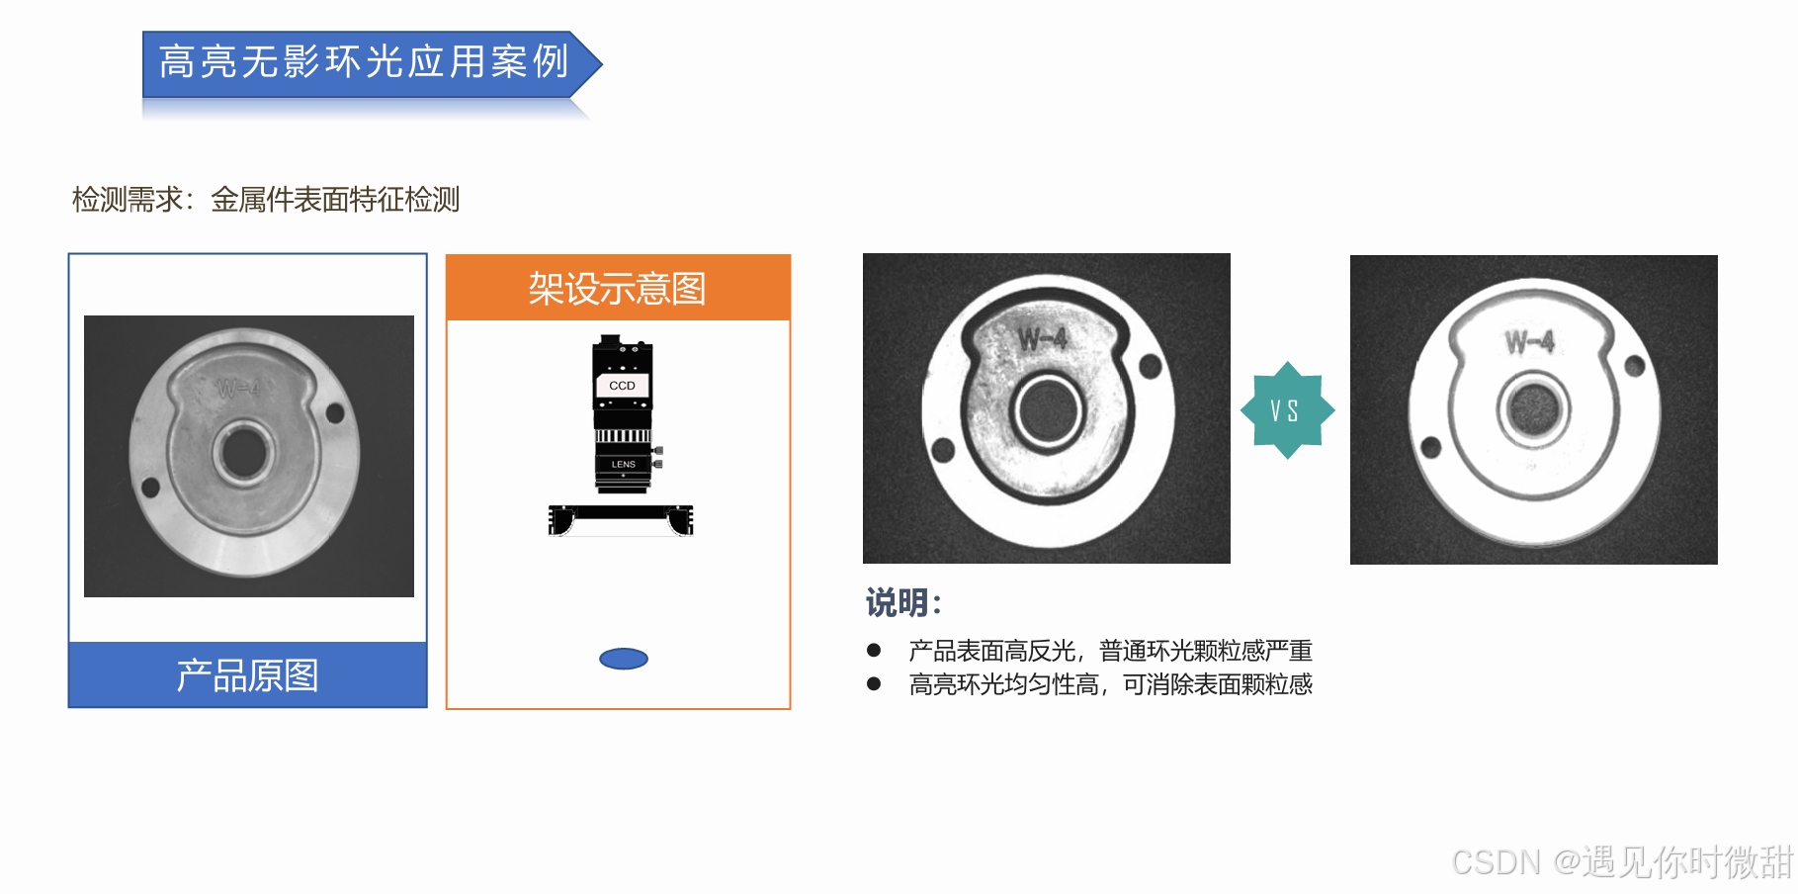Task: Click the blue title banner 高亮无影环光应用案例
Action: (371, 63)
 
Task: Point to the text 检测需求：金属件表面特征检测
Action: (266, 200)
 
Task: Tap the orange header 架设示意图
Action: (618, 288)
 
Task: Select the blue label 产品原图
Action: (247, 675)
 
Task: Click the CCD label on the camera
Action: (622, 386)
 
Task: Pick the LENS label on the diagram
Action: (623, 464)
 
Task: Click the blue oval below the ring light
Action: (624, 659)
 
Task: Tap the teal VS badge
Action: (1287, 409)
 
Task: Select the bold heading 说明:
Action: (903, 602)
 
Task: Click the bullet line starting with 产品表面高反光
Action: (1110, 651)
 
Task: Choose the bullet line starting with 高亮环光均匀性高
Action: (1110, 684)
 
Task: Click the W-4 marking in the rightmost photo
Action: (1530, 342)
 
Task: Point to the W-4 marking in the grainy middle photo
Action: (1043, 339)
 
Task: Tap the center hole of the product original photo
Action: (243, 453)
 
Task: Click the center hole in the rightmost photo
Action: (1533, 408)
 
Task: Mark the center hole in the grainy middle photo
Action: (1048, 410)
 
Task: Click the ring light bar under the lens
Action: (621, 518)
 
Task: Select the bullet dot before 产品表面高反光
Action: (874, 650)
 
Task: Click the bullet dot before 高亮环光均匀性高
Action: (874, 683)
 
